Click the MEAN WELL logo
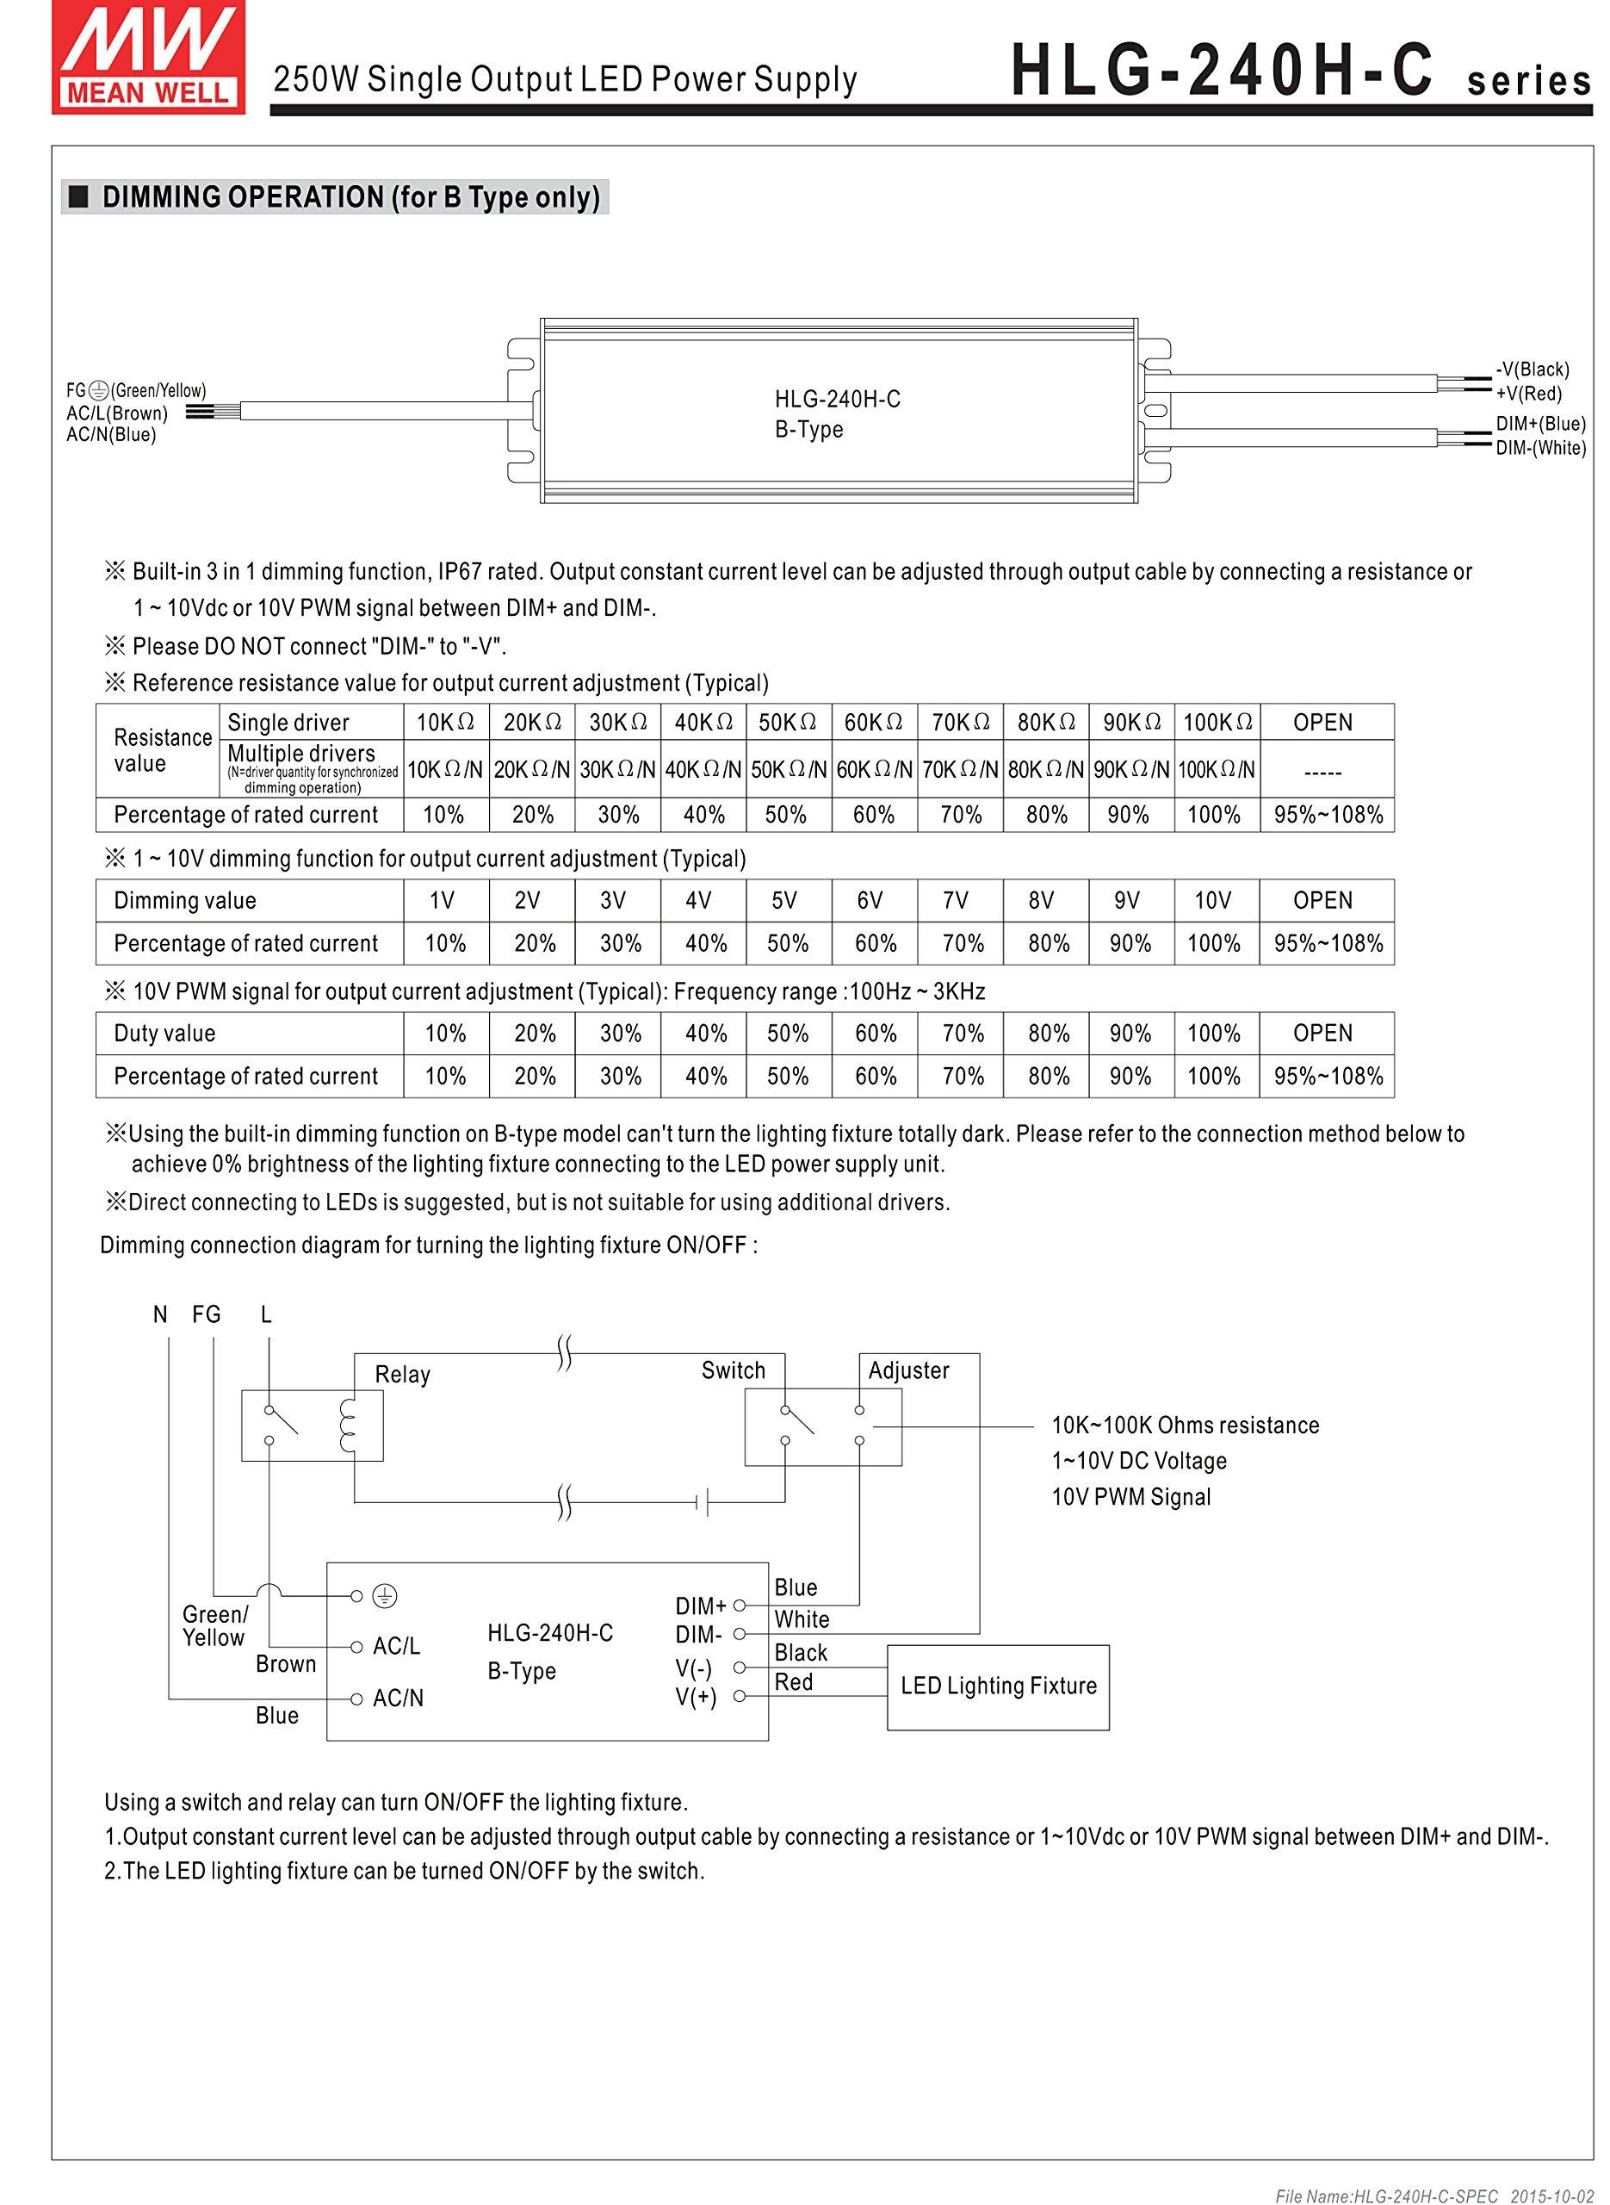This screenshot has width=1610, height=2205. tap(149, 57)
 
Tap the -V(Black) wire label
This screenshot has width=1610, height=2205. tap(1532, 370)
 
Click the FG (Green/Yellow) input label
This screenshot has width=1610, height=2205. tap(136, 391)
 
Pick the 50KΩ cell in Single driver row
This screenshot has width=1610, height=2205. tap(788, 723)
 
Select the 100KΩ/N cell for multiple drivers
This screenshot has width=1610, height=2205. tap(1217, 770)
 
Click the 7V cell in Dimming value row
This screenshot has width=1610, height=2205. tap(955, 901)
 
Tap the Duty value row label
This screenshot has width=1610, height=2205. tap(164, 1034)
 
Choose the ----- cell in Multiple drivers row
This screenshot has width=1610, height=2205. tap(1322, 772)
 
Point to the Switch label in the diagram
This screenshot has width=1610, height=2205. tap(733, 1370)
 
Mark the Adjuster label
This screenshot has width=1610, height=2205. tap(908, 1370)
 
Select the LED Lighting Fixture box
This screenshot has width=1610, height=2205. tap(998, 1686)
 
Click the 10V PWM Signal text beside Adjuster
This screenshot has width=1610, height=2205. tap(1130, 1497)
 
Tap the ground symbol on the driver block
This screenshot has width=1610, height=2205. tap(386, 1596)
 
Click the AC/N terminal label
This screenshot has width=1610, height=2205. tap(398, 1698)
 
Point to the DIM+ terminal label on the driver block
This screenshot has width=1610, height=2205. tap(701, 1606)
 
